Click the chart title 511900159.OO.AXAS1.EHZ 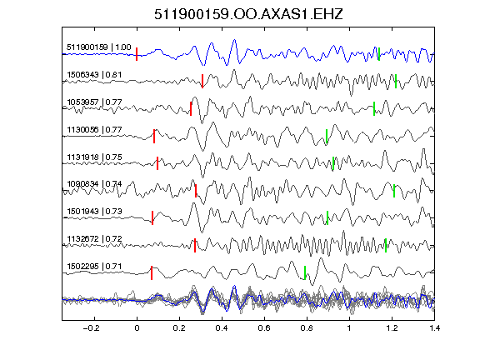(248, 14)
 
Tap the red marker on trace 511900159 (137, 54)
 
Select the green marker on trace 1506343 (396, 82)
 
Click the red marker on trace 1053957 (191, 108)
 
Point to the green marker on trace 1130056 (327, 136)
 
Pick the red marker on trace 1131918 (157, 163)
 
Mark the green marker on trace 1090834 (394, 191)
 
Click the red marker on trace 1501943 (152, 218)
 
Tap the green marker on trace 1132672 (386, 245)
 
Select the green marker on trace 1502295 (305, 272)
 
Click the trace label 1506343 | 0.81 (94, 75)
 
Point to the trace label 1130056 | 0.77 (94, 130)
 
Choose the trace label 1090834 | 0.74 (94, 184)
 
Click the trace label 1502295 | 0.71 (94, 267)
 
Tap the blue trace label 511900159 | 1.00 (99, 47)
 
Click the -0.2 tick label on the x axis (91, 328)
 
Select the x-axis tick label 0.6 (264, 328)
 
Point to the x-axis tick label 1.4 (434, 328)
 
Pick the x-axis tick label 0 (137, 328)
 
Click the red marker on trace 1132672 (195, 245)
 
